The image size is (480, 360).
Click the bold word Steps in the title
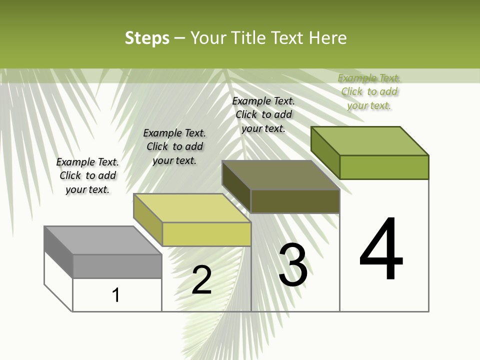tap(147, 38)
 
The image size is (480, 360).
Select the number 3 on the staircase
tap(293, 265)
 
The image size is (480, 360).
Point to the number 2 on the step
tap(201, 280)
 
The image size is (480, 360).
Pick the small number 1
tap(116, 295)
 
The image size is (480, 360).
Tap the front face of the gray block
tap(117, 266)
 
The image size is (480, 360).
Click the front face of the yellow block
tap(206, 234)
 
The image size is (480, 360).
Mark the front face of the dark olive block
tap(295, 201)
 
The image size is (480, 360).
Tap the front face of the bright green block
tap(384, 167)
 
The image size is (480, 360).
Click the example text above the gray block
tap(87, 175)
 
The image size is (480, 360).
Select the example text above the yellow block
tap(174, 146)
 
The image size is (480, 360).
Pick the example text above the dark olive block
tap(263, 114)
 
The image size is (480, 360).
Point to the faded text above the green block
tap(369, 91)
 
